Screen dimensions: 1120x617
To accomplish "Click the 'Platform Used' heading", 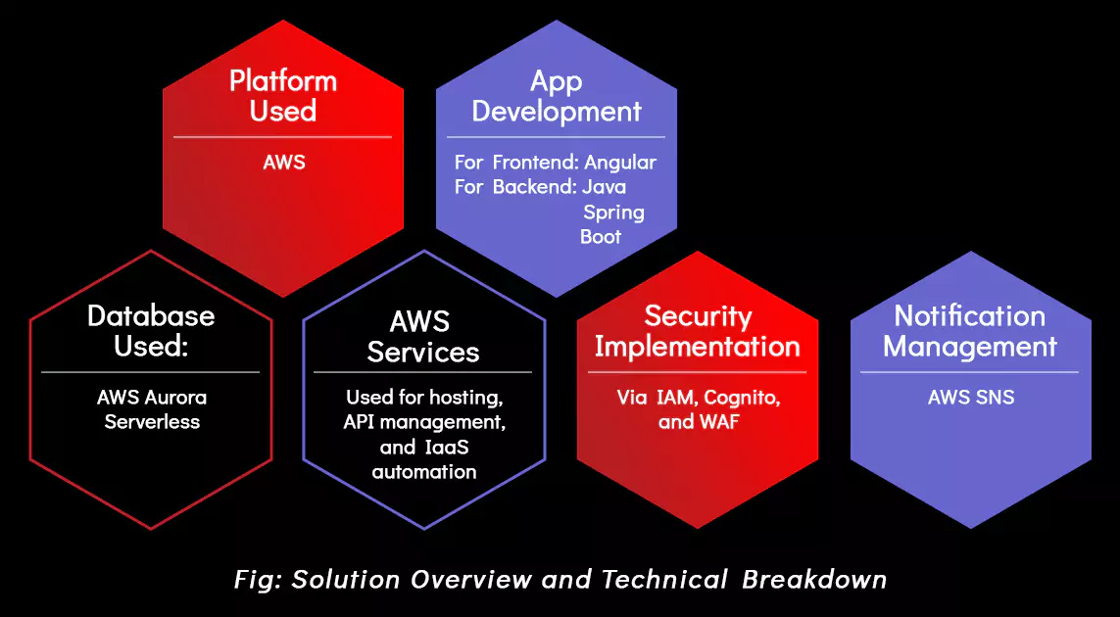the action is click(x=283, y=96).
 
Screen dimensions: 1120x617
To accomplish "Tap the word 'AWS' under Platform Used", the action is click(x=283, y=163).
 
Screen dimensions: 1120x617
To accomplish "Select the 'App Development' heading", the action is click(x=557, y=96).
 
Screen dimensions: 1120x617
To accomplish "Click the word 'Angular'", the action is click(x=620, y=163).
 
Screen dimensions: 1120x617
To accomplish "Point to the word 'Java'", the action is click(x=605, y=188).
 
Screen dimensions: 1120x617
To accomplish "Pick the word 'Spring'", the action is click(x=613, y=213).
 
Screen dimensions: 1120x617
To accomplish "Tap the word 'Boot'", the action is click(x=601, y=237).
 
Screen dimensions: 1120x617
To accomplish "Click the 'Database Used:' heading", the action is click(x=151, y=331).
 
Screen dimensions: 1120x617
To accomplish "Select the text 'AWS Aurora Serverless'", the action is click(x=152, y=409).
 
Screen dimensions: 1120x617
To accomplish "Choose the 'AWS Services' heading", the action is click(x=423, y=336).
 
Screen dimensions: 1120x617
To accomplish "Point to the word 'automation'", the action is click(x=424, y=472).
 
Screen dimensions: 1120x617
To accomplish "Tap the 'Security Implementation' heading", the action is click(x=697, y=331).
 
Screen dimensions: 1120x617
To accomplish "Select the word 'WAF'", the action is click(x=719, y=422).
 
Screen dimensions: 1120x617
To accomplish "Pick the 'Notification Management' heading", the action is click(x=970, y=331).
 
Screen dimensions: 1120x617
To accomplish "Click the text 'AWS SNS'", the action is click(x=971, y=397).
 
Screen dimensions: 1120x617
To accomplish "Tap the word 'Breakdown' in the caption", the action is click(x=814, y=579).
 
